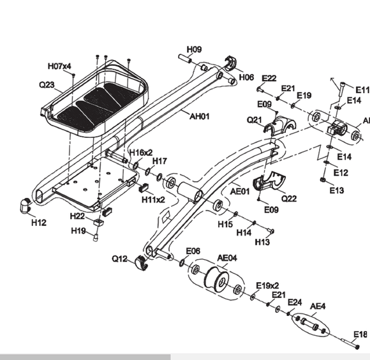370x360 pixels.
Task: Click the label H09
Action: coord(194,49)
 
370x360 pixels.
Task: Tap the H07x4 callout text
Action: coord(59,66)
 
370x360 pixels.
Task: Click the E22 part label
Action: coord(269,78)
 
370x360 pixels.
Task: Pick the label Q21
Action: coord(255,120)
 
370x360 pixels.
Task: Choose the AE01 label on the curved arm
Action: coord(239,190)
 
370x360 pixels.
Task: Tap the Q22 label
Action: coord(288,198)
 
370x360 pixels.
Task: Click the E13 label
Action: coord(336,190)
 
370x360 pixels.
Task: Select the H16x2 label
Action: coord(140,153)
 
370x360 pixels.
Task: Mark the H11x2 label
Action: coord(153,199)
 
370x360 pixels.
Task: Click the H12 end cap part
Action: coord(26,206)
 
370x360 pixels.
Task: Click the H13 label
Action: coord(262,242)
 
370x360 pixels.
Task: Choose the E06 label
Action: coord(193,251)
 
